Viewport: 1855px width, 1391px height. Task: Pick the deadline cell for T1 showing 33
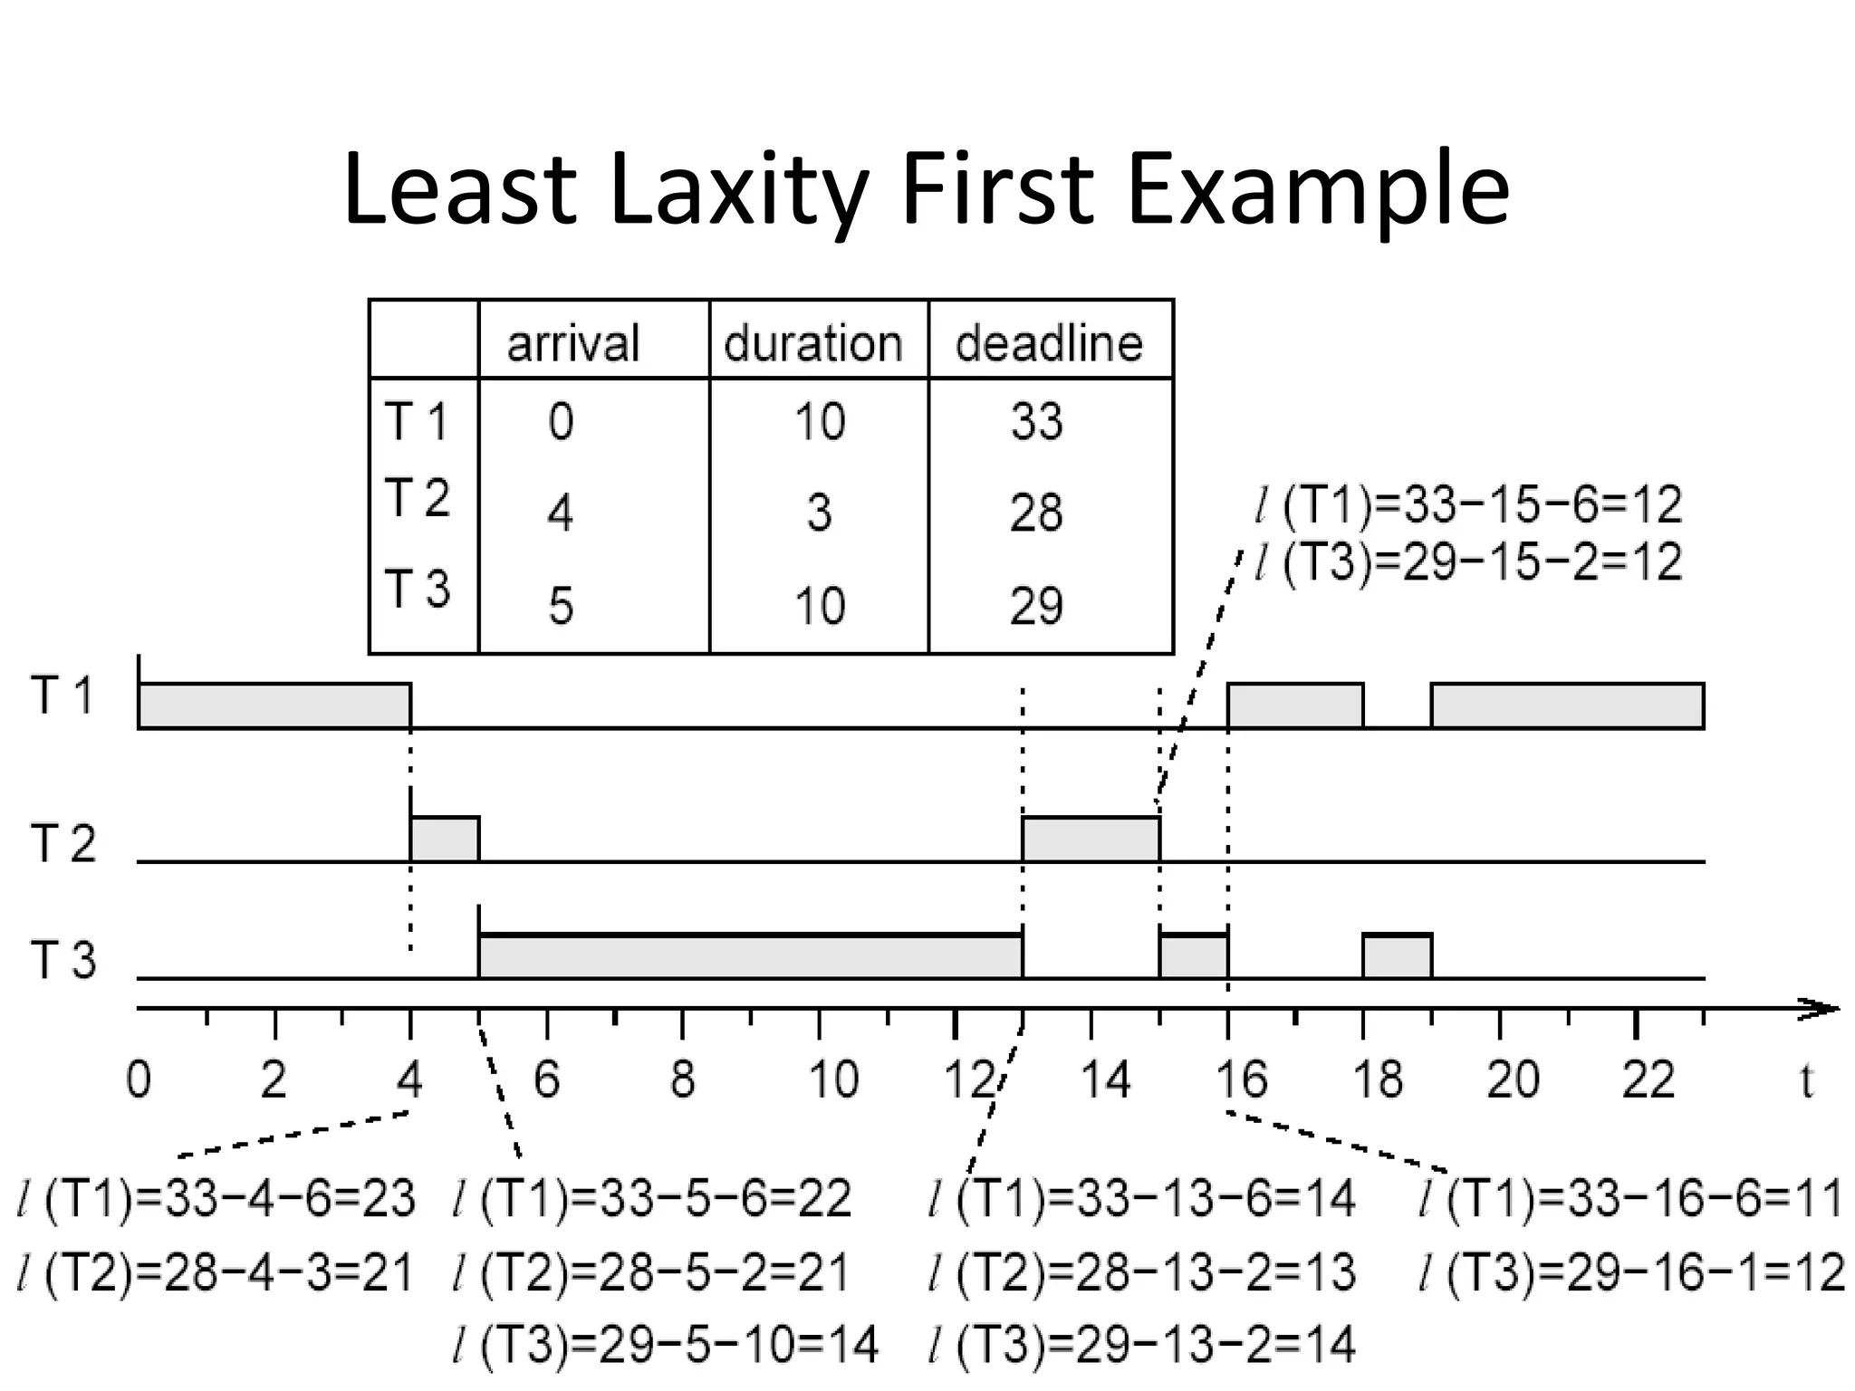[x=1036, y=422]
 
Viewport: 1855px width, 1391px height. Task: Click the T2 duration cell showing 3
[x=819, y=513]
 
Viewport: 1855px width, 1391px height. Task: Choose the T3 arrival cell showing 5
[x=561, y=605]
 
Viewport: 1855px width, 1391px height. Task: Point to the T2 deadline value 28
[x=1036, y=513]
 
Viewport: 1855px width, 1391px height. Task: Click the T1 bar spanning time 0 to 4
[x=274, y=705]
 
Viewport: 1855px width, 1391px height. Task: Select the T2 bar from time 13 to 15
[x=1091, y=839]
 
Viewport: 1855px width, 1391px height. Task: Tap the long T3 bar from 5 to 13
[x=750, y=956]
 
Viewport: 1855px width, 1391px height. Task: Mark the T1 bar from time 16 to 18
[x=1295, y=705]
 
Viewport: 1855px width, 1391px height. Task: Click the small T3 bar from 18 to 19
[x=1397, y=956]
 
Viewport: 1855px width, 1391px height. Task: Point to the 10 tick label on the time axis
[x=833, y=1080]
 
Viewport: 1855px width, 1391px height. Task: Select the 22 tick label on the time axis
[x=1648, y=1080]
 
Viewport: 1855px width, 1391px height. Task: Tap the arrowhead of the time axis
[x=1821, y=1009]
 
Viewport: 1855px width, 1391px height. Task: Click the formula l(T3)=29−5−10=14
[x=666, y=1345]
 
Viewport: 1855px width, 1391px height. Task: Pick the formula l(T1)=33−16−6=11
[x=1630, y=1198]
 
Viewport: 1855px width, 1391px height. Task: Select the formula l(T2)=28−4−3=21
[x=216, y=1272]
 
